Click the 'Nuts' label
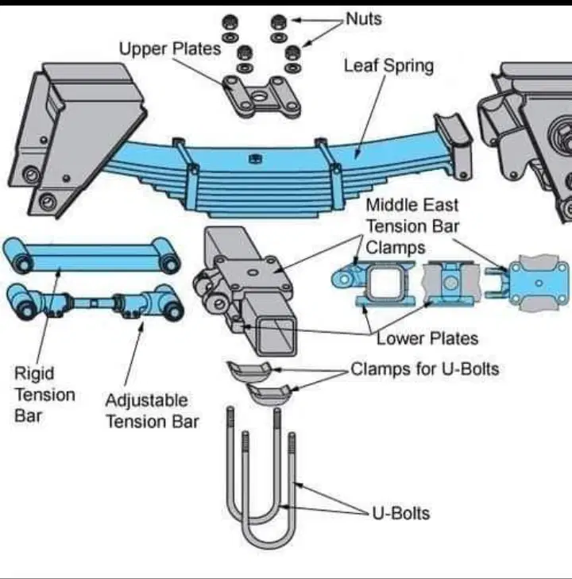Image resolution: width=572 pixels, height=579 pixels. [x=364, y=19]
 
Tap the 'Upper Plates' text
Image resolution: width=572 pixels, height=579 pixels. [x=170, y=49]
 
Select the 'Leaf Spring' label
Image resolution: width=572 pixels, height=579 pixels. [x=388, y=66]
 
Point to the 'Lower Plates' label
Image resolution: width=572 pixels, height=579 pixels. [x=427, y=338]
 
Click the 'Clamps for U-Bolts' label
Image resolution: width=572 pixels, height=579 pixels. [x=425, y=369]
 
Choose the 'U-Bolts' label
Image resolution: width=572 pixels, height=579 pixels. [x=401, y=513]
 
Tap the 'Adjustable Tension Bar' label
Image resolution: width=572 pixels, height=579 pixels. [x=153, y=411]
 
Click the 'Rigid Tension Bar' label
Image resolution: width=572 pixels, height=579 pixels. [x=44, y=395]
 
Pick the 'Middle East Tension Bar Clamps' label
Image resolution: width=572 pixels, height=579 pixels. [x=412, y=226]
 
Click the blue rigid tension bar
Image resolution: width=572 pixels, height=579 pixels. [x=91, y=256]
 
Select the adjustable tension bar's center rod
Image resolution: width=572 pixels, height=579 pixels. [x=94, y=303]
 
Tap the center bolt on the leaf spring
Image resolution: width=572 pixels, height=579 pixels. [x=255, y=159]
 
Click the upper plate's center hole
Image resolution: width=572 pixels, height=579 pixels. [x=260, y=97]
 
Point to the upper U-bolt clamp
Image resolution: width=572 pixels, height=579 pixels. [x=249, y=372]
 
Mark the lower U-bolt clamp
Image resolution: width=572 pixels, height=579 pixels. [x=269, y=394]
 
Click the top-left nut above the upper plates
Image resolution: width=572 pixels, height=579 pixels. [x=230, y=22]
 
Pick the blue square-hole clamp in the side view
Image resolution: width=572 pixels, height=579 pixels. [x=373, y=284]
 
